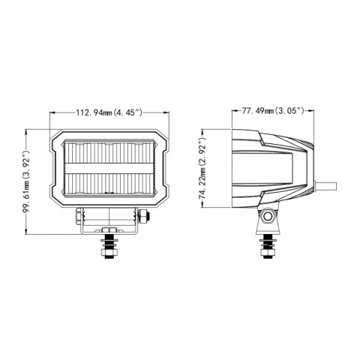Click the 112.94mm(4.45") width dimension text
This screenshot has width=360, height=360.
109,113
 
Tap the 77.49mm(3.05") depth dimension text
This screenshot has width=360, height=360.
273,111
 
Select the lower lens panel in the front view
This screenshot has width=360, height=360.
108,182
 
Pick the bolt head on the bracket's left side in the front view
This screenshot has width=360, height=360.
77,217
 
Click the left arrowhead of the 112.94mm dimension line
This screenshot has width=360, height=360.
52,113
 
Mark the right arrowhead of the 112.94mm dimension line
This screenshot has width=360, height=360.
165,113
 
